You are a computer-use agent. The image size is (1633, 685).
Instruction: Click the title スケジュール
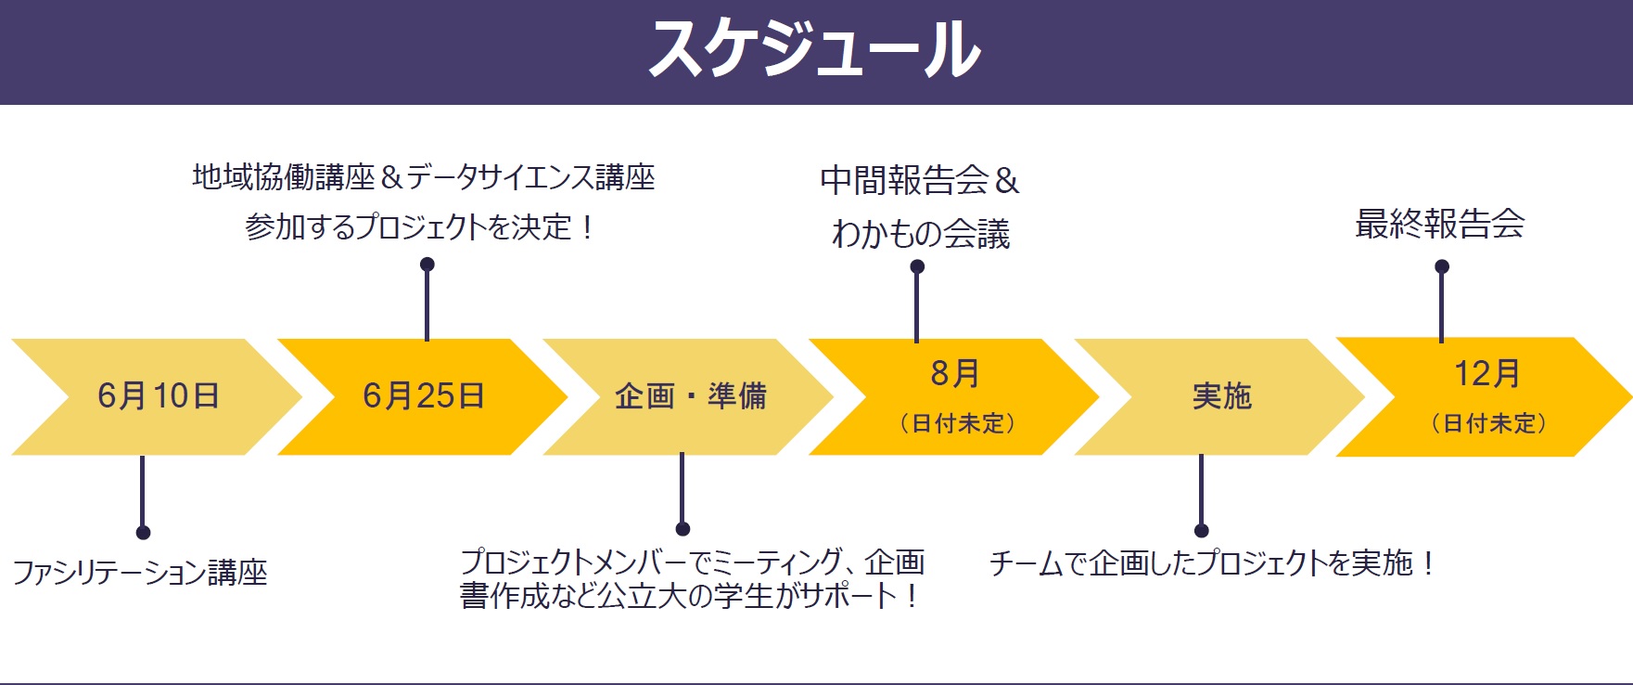[815, 48]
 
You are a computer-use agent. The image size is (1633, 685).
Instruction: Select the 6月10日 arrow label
[159, 396]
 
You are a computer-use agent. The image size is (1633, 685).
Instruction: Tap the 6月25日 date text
[424, 396]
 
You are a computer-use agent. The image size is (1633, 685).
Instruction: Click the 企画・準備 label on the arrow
[691, 396]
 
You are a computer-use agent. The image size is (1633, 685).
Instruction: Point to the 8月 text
[955, 373]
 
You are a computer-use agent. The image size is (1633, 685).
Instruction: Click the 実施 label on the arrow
[1222, 396]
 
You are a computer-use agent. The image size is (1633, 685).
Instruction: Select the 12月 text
[1487, 373]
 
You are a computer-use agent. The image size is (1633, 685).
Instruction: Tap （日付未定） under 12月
[1489, 423]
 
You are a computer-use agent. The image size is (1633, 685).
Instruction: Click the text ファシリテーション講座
[140, 573]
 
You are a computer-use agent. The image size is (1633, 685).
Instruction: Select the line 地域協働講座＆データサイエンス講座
[424, 176]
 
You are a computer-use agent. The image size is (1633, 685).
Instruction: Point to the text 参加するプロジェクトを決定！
[419, 226]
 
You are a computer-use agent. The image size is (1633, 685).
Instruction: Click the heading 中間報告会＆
[920, 180]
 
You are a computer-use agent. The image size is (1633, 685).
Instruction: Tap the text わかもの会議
[921, 234]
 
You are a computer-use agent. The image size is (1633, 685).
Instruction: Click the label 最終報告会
[1440, 224]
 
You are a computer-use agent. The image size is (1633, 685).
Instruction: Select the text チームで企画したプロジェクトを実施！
[1213, 563]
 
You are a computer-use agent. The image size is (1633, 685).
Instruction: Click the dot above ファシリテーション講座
[143, 532]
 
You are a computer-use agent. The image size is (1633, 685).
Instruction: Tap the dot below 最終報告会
[1442, 266]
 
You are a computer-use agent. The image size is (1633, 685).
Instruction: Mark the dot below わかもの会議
[917, 266]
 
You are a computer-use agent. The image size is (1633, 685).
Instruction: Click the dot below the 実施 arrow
[1202, 531]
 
